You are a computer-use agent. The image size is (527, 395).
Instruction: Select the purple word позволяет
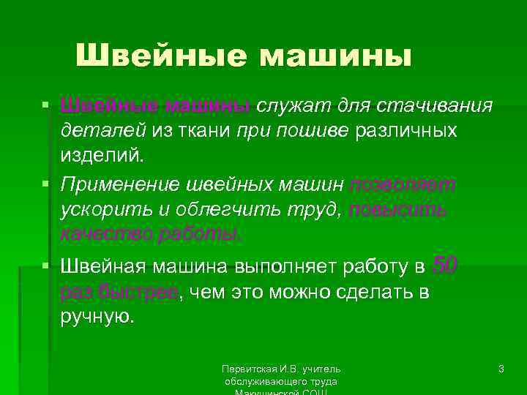(x=403, y=185)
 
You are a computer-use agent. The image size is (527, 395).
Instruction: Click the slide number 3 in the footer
(x=501, y=370)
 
